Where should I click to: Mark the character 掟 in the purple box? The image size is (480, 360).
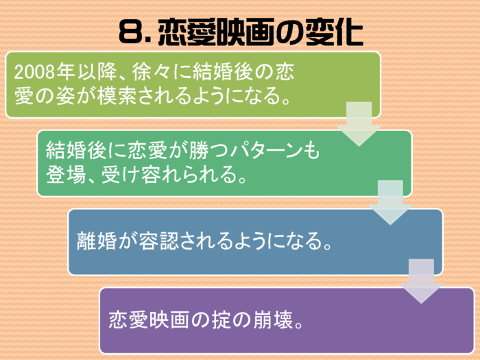[221, 320]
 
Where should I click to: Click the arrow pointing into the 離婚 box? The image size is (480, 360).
[390, 203]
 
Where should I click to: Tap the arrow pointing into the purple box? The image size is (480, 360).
[421, 281]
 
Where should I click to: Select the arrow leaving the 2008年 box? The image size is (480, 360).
[359, 124]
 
